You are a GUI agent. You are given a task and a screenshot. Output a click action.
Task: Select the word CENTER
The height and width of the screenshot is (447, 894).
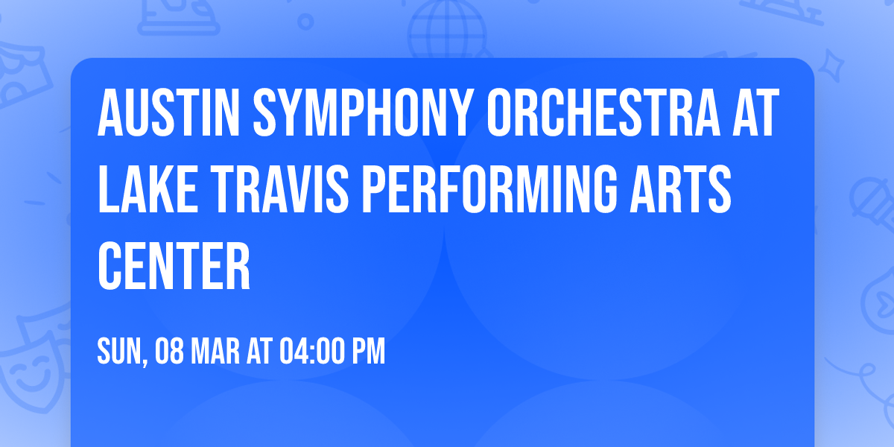[x=174, y=266]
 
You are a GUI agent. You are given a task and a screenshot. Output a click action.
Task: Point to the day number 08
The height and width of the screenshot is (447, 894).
[x=170, y=351]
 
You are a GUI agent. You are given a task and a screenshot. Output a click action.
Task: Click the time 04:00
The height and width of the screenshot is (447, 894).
[x=311, y=351]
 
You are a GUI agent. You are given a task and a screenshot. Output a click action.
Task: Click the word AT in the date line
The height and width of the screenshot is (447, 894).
[x=259, y=351]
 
